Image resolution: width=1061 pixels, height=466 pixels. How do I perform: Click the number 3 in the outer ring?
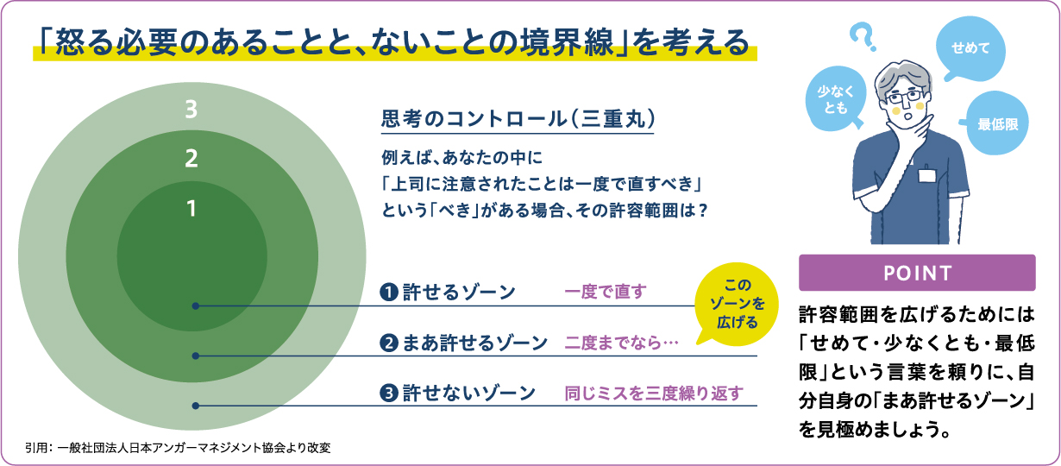191,110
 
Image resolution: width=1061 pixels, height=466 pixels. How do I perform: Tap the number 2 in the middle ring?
191,158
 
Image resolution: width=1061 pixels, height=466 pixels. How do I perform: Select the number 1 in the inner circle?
191,209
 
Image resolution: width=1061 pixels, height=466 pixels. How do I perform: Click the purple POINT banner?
917,273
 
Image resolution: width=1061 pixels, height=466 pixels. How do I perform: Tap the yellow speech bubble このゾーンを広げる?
737,304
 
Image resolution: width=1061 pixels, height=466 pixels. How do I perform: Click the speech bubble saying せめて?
970,48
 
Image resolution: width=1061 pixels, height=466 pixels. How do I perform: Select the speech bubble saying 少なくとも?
836,98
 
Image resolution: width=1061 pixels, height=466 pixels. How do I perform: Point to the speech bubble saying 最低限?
995,123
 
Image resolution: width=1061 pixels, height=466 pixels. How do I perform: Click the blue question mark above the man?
863,37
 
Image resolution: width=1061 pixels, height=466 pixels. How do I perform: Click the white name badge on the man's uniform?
927,176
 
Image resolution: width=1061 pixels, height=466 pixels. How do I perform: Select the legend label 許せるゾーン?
459,292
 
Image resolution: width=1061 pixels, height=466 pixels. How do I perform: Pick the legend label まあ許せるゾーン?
474,343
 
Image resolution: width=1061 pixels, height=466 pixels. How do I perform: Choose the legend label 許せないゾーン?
469,393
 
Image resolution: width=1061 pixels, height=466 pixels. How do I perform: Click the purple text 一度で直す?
606,292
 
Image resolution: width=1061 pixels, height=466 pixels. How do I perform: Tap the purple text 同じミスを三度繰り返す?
654,393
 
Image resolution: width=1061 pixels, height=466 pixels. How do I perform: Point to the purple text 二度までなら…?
621,343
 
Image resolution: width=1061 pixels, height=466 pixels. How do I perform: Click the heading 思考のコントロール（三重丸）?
518,118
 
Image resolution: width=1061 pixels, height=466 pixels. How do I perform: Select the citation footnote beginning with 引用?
178,448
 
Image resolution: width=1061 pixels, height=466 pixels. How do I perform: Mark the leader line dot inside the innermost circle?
196,306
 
